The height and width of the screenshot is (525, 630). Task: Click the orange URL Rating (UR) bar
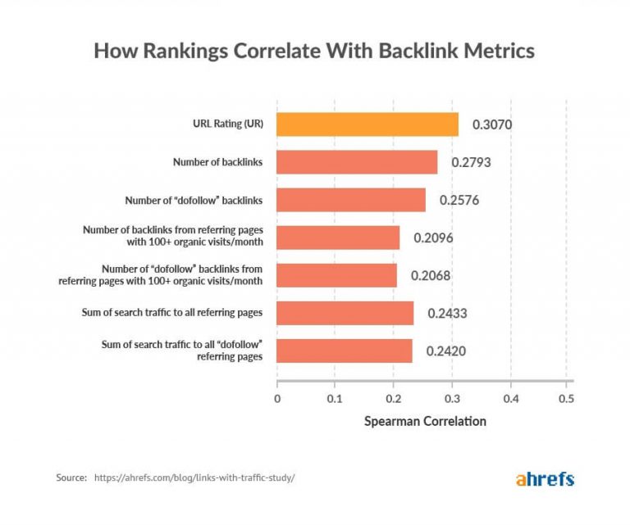367,124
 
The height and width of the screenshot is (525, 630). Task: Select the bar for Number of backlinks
357,162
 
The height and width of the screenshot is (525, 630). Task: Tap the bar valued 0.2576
351,200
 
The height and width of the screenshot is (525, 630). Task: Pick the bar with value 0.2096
338,238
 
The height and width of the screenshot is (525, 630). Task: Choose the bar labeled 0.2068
336,275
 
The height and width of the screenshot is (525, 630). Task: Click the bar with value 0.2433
345,313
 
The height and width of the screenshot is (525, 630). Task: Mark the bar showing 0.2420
345,351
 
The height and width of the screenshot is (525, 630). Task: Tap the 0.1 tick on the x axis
335,399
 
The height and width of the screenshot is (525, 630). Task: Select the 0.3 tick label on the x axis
451,399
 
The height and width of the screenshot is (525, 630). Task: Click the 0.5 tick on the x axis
565,399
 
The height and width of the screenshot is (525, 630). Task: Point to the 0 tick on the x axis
277,399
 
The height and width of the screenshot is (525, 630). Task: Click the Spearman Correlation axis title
424,422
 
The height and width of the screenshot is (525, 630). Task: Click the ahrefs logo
545,478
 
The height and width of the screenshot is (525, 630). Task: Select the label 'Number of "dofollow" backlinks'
193,200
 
